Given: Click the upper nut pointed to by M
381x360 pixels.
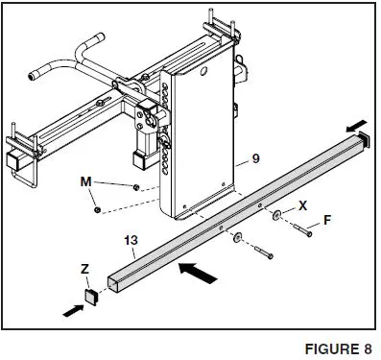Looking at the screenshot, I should [136, 186].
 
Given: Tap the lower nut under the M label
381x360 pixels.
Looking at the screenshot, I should [98, 207].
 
